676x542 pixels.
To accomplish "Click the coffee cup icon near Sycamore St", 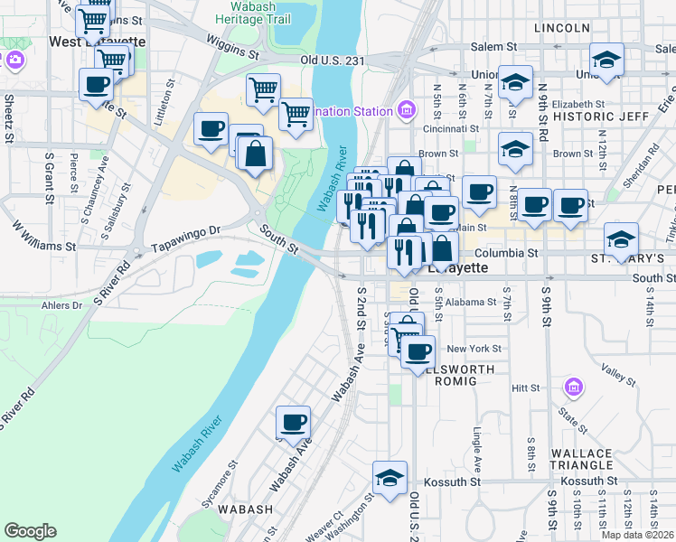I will coord(292,423).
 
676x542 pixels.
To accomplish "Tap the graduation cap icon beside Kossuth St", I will coord(390,478).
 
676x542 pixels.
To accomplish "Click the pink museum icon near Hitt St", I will coord(571,388).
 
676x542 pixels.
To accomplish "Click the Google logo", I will coord(30,531).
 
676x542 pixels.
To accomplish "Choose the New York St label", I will coord(474,349).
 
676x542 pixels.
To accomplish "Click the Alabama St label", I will coord(472,302).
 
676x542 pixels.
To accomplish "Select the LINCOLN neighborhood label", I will coord(561,28).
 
